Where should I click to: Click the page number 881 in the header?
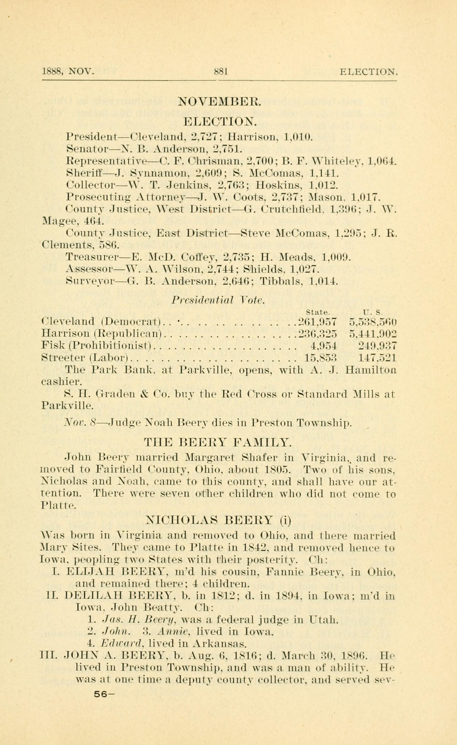[221, 72]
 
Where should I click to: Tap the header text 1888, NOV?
[68, 72]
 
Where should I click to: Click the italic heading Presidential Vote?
[218, 300]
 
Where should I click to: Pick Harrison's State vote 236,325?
[317, 334]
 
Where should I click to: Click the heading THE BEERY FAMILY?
[218, 443]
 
